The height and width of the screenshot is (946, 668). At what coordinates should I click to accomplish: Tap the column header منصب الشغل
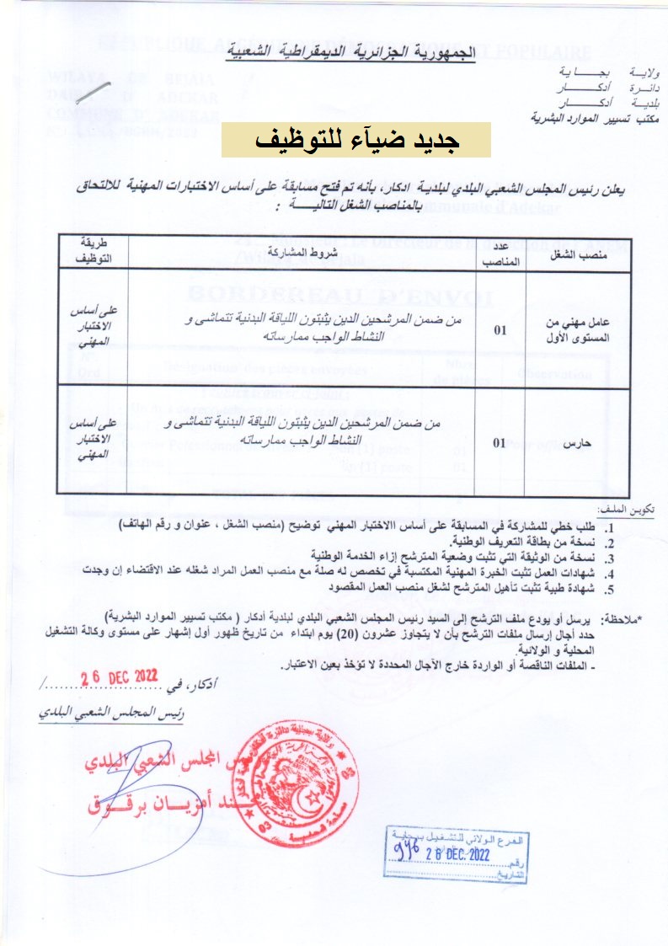tap(583, 253)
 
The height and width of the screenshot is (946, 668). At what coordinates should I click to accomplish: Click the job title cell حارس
tap(582, 440)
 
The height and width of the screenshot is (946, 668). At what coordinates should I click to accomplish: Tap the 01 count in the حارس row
tap(500, 440)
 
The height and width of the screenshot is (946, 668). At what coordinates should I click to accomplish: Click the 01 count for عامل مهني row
tap(500, 330)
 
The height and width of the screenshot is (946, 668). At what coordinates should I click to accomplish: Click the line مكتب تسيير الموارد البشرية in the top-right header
tap(596, 120)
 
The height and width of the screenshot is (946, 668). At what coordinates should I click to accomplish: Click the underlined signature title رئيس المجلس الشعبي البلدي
tap(106, 711)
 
